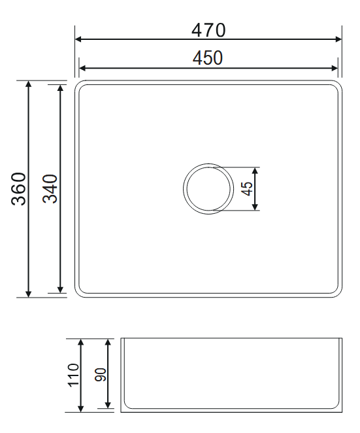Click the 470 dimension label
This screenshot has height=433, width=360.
tap(208, 30)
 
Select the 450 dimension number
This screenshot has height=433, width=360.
tap(208, 58)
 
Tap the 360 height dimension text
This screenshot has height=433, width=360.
tap(18, 189)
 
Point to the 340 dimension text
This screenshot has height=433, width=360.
tap(50, 189)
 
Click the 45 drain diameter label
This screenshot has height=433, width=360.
tap(247, 188)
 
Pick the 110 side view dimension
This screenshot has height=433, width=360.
tap(74, 375)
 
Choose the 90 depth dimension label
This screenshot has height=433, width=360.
tap(101, 375)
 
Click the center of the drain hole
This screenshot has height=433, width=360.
tap(208, 188)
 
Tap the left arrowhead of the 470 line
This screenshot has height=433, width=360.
tap(78, 39)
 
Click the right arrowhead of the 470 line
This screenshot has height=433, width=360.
tap(338, 39)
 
